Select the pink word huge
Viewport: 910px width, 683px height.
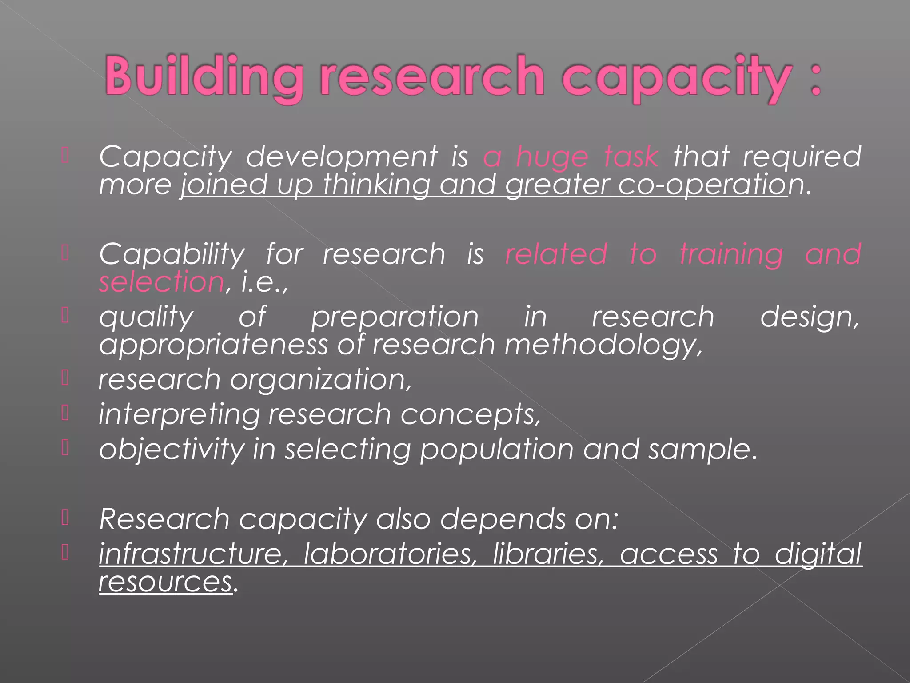[x=552, y=157]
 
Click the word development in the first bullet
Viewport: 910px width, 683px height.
[x=342, y=157]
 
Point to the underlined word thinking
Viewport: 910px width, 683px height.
[x=376, y=185]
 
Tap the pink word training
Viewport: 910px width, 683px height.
[x=731, y=255]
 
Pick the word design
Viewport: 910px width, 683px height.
[x=810, y=317]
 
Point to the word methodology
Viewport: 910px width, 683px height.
[x=603, y=346]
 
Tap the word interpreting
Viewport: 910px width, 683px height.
[x=179, y=415]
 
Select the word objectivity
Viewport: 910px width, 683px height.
[x=172, y=449]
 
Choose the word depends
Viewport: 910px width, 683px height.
[x=503, y=519]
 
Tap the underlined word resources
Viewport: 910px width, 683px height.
[x=165, y=582]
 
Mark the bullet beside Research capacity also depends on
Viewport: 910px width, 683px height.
[x=65, y=518]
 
